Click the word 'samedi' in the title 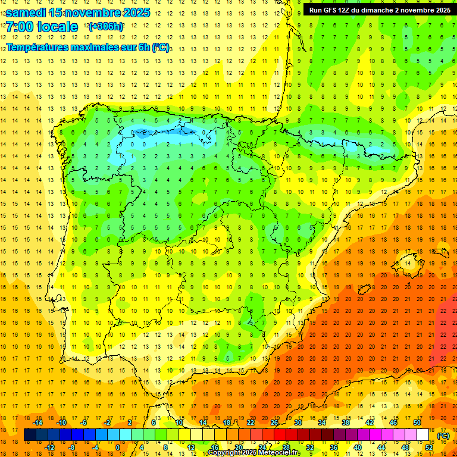26,12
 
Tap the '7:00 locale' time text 42,27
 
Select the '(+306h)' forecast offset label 106,27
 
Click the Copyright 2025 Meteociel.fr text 253,453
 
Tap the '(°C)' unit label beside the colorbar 443,436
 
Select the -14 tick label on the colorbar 38,422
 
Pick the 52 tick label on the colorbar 429,447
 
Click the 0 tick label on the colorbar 118,447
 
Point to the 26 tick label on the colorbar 274,422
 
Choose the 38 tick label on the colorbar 345,422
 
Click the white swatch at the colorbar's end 423,435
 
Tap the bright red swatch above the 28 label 286,435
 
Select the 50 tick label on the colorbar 417,422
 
